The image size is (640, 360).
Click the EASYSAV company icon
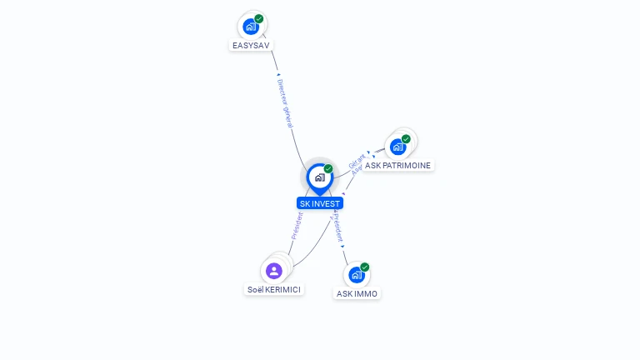click(250, 26)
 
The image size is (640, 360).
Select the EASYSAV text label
click(251, 45)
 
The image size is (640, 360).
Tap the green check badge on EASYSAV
click(259, 18)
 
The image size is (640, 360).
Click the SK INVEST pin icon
click(319, 177)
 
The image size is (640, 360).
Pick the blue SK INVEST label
click(320, 203)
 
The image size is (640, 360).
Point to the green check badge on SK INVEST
click(328, 169)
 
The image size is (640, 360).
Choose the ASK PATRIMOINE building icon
click(397, 147)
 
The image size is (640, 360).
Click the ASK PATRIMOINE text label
click(398, 166)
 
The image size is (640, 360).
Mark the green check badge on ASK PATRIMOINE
click(406, 139)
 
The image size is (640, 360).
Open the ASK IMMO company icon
click(356, 275)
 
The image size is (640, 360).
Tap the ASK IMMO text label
click(357, 293)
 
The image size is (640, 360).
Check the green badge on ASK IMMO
click(364, 267)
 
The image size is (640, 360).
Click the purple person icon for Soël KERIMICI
click(274, 271)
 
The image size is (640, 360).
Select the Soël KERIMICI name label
click(274, 290)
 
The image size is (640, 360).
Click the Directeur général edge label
click(285, 103)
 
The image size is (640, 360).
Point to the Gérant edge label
click(357, 161)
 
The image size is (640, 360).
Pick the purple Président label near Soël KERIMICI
click(297, 226)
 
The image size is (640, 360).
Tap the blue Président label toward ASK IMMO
click(337, 226)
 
